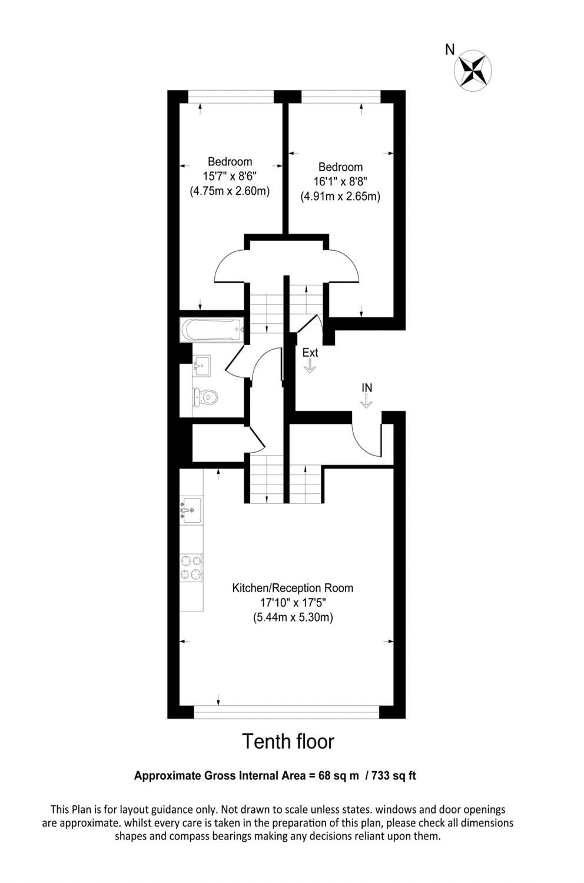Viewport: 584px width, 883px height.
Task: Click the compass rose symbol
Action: coord(473,69)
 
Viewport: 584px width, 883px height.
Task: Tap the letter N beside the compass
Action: coord(450,50)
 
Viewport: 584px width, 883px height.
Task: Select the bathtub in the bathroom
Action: coord(211,330)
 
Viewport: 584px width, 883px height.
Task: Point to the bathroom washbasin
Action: coord(201,366)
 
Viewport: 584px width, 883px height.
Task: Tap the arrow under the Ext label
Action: coord(310,366)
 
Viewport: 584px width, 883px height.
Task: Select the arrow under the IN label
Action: coord(366,401)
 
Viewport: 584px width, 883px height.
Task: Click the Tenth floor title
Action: coord(288,742)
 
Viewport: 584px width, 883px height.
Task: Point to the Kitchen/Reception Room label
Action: coord(293,587)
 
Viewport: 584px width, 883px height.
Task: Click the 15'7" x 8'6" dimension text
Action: coord(230,176)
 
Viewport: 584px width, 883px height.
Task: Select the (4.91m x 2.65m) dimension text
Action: coord(340,197)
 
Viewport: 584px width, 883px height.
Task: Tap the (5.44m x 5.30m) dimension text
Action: coord(293,618)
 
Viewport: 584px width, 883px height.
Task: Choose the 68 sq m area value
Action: coord(339,775)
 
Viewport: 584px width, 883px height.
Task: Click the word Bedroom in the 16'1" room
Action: coord(340,167)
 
